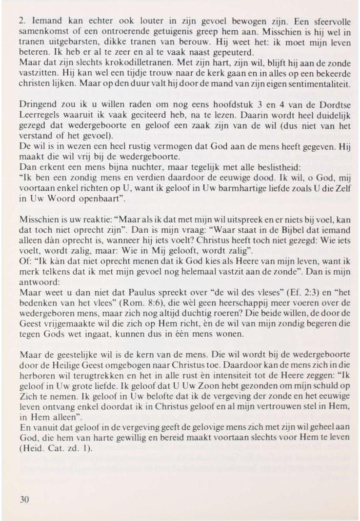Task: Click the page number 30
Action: pos(24,499)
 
